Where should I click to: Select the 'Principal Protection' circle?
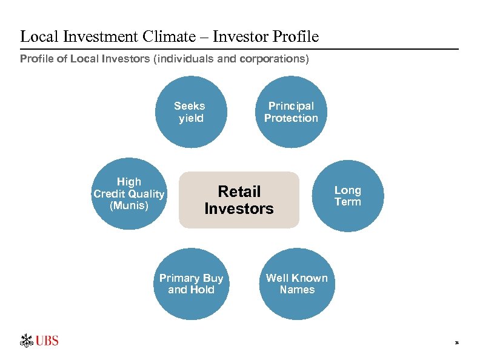[x=291, y=112]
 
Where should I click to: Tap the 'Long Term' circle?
[x=348, y=196]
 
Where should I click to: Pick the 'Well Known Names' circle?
[x=297, y=284]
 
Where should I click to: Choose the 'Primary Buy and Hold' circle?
[x=191, y=284]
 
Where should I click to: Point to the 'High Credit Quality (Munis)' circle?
[x=128, y=194]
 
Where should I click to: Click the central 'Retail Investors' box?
[x=239, y=200]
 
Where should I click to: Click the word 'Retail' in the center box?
[x=239, y=192]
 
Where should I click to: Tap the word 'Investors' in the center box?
[x=239, y=209]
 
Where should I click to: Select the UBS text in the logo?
[x=47, y=341]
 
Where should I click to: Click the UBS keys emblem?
[x=27, y=341]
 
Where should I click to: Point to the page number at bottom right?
[x=457, y=343]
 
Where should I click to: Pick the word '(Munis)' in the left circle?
[x=128, y=205]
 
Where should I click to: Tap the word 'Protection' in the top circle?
[x=291, y=118]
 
